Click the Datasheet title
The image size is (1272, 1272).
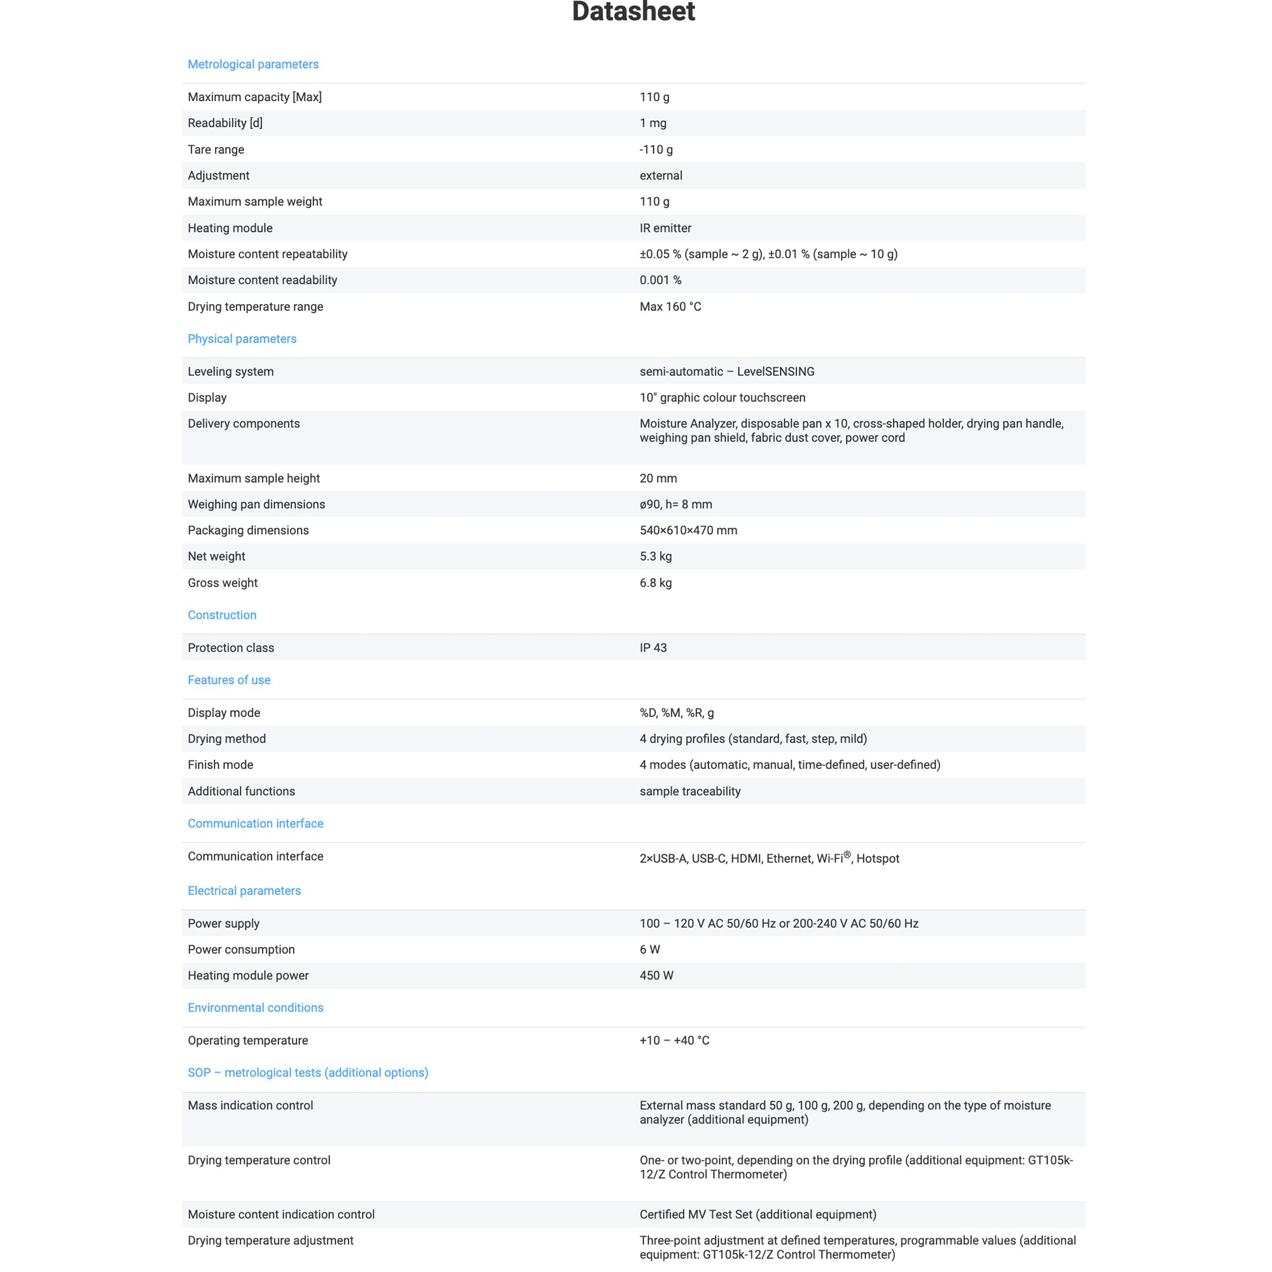(x=633, y=12)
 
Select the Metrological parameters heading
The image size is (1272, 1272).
(x=253, y=64)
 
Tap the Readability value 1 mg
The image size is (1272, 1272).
(x=653, y=123)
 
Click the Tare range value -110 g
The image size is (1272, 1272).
(x=656, y=149)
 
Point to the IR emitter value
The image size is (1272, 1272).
(x=665, y=228)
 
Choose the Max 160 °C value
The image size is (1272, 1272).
(x=670, y=307)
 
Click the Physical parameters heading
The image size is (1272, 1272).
(x=242, y=339)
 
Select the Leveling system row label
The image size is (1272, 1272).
(x=230, y=371)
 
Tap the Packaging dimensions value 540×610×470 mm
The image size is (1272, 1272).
(x=688, y=530)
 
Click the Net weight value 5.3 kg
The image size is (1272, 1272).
(x=655, y=556)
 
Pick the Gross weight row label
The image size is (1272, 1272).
(x=223, y=583)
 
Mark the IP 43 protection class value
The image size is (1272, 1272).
(x=653, y=648)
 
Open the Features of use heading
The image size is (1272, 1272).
(x=228, y=680)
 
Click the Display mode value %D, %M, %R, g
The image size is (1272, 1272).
(x=676, y=713)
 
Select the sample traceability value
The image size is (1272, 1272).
(x=689, y=791)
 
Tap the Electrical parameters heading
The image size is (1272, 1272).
(x=244, y=891)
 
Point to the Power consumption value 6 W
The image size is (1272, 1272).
(x=649, y=950)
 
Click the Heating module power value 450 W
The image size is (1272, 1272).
(x=656, y=976)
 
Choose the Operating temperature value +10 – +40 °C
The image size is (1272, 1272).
(x=674, y=1041)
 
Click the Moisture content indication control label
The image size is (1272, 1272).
(x=280, y=1215)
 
